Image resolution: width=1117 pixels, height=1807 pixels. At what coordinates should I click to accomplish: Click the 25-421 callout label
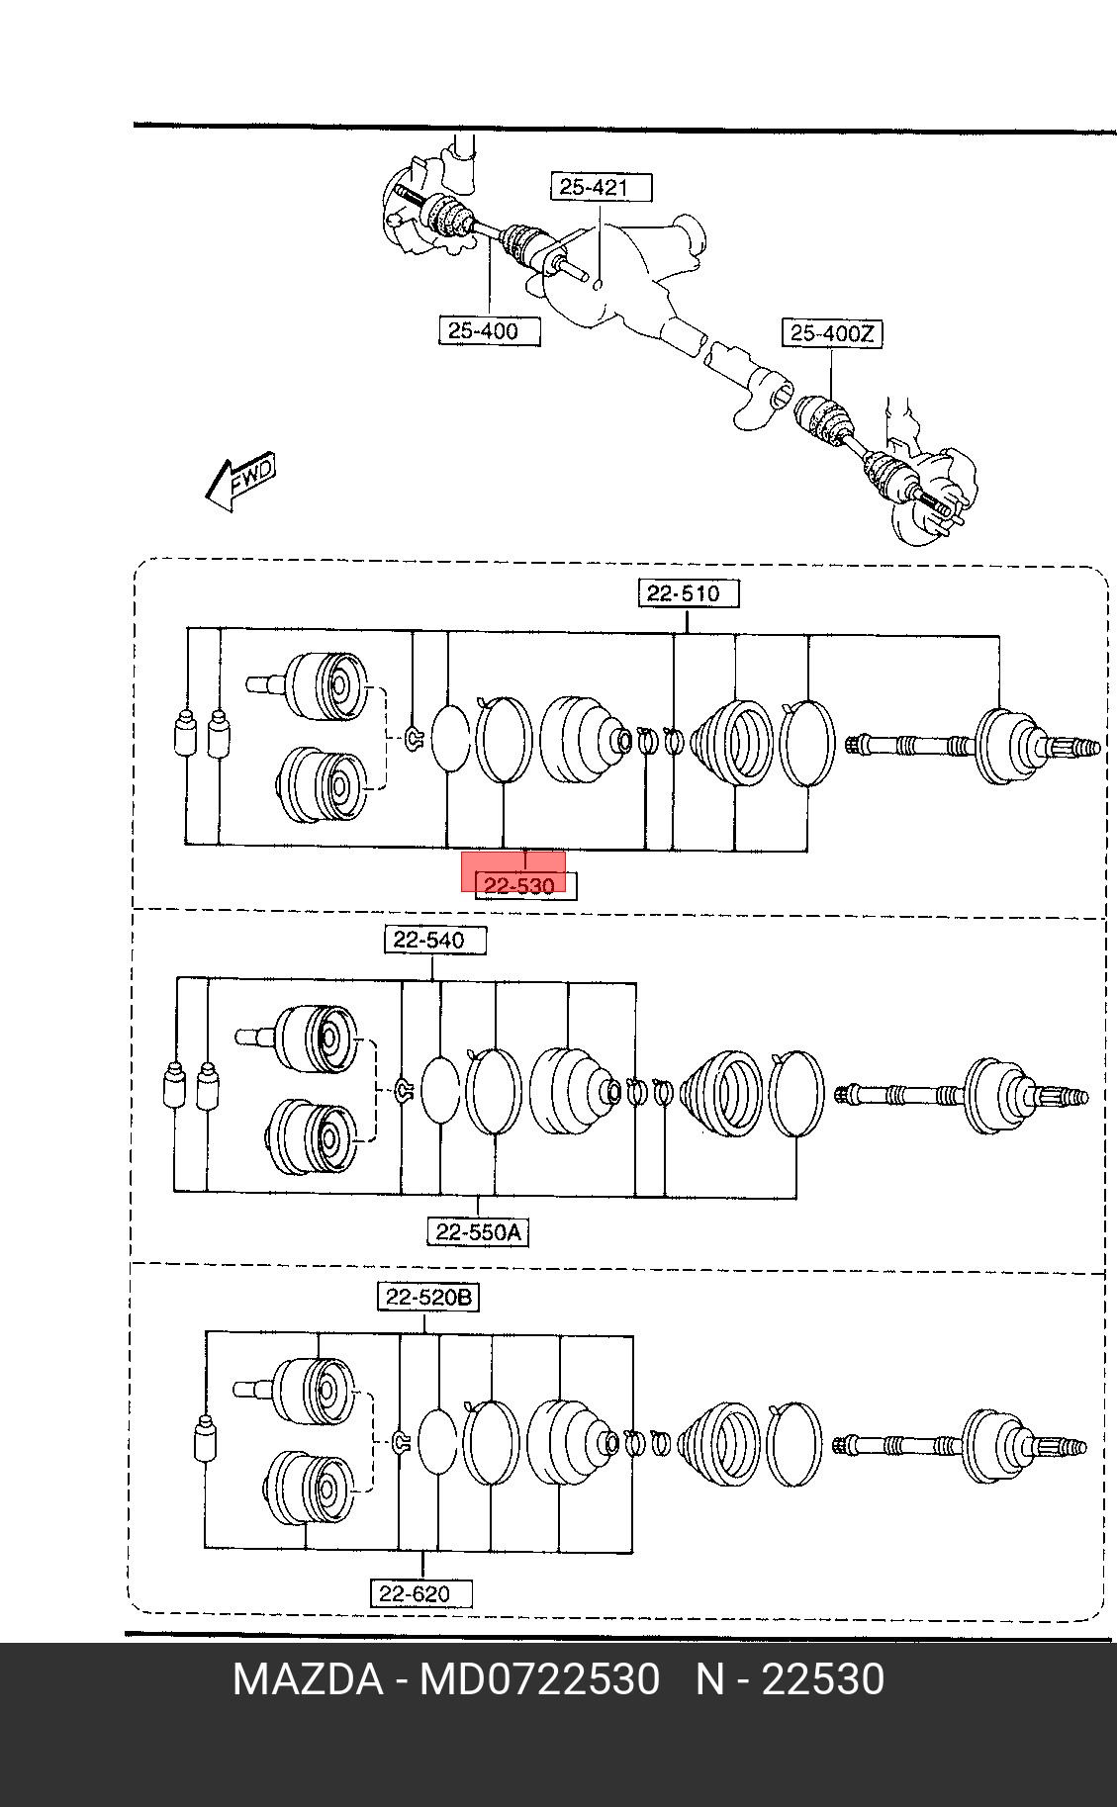coord(602,187)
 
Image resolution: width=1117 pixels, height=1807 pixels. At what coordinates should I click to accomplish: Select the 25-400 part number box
coord(490,330)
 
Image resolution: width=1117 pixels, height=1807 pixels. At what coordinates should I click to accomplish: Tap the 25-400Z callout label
coord(832,333)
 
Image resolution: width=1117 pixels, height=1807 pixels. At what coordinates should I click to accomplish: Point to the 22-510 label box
coord(688,593)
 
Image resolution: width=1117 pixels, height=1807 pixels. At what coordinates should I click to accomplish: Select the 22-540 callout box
coord(435,940)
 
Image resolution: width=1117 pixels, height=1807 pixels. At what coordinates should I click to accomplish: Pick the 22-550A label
coord(478,1232)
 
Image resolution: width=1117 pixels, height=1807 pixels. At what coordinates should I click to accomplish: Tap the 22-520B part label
coord(428,1297)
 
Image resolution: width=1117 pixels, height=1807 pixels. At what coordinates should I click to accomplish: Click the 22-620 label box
coord(421,1593)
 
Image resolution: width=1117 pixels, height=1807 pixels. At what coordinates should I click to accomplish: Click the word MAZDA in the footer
coord(308,1679)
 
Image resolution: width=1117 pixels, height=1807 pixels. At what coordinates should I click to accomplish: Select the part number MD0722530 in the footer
coord(539,1679)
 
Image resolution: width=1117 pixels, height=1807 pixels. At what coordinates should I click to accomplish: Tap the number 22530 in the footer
coord(822,1679)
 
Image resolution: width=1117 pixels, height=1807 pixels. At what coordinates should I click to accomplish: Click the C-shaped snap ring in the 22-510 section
coord(416,736)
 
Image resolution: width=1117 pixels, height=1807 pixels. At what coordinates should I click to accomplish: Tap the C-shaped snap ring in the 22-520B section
coord(402,1443)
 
